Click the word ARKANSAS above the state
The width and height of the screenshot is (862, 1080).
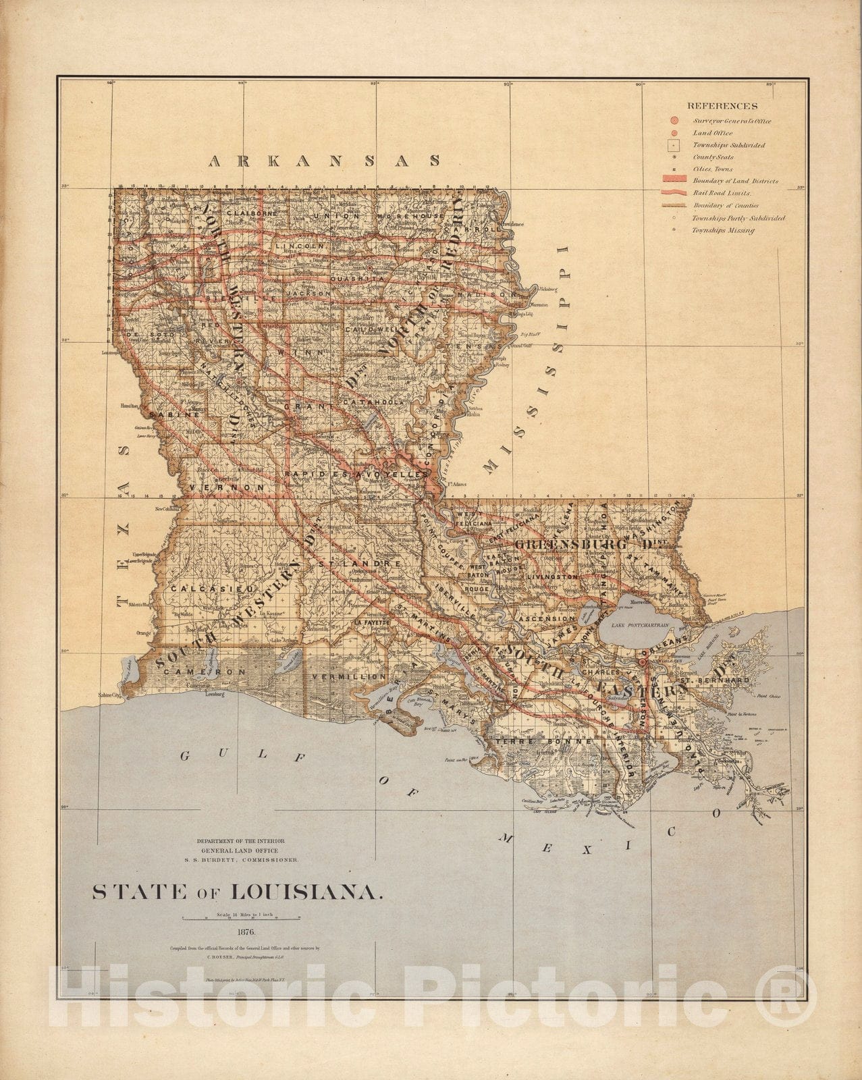[x=325, y=161]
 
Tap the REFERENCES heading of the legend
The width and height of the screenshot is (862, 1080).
[x=722, y=106]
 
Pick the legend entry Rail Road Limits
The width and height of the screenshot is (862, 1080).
[x=720, y=193]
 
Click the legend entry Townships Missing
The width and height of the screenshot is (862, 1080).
[x=723, y=230]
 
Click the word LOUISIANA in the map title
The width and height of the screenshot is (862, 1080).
[x=306, y=892]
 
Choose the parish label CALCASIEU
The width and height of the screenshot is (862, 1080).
[x=202, y=589]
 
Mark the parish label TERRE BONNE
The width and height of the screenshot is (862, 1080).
[x=544, y=740]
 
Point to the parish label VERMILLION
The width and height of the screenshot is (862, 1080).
[x=349, y=676]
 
